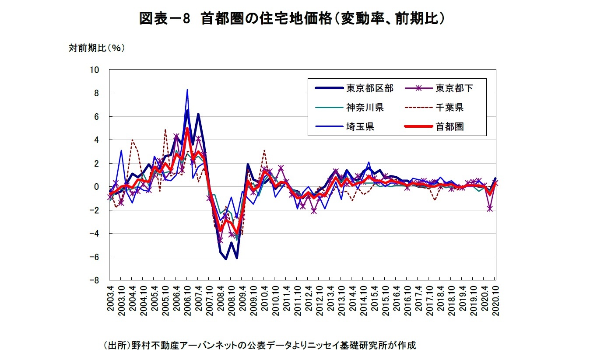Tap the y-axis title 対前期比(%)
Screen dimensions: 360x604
(96, 49)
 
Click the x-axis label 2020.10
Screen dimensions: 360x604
(495, 298)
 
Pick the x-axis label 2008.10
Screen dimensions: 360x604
(231, 298)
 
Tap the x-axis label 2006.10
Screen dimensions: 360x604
(187, 298)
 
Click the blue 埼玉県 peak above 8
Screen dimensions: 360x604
(187, 90)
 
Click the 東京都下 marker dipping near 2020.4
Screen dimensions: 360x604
(490, 209)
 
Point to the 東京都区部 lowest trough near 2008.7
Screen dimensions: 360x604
(226, 259)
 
